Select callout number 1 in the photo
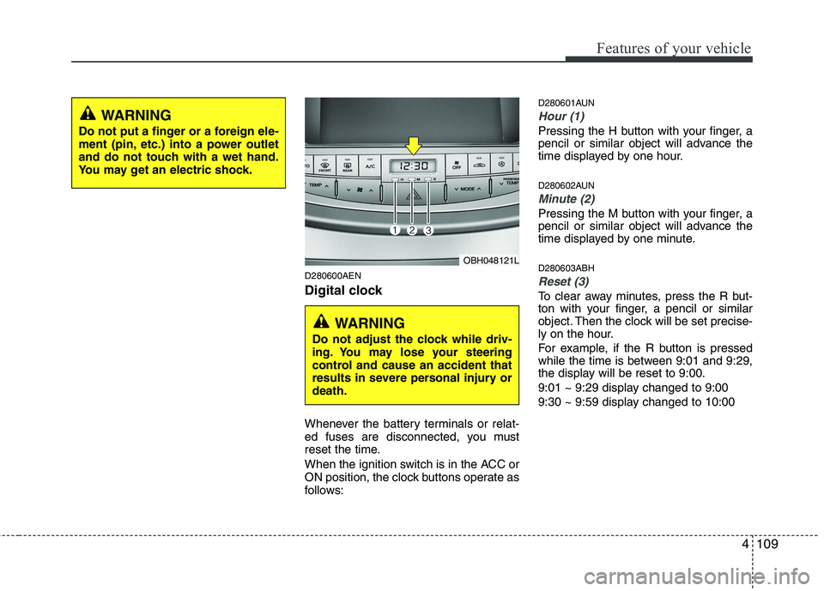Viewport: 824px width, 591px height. pos(394,230)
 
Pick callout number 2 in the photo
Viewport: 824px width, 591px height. pos(411,230)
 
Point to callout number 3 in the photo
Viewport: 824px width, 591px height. pos(427,230)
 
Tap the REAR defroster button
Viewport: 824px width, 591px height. pos(347,166)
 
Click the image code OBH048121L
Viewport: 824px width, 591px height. pos(486,259)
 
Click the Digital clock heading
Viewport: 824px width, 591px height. pos(343,292)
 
